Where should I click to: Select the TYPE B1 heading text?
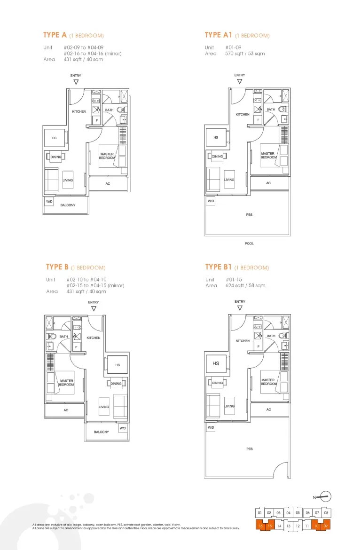pyautogui.click(x=219, y=267)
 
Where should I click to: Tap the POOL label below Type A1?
pyautogui.click(x=249, y=244)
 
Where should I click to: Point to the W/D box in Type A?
pyautogui.click(x=49, y=201)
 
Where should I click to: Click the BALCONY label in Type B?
pyautogui.click(x=101, y=432)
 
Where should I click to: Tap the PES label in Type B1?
pyautogui.click(x=249, y=449)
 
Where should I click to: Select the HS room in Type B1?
pyautogui.click(x=216, y=363)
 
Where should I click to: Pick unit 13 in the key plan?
pyautogui.click(x=288, y=526)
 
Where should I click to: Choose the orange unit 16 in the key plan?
pyautogui.click(x=260, y=526)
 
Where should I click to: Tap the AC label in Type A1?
pyautogui.click(x=268, y=183)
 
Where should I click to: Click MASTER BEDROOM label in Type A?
pyautogui.click(x=107, y=156)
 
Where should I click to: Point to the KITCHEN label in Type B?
pyautogui.click(x=93, y=338)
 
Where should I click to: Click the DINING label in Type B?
pyautogui.click(x=116, y=384)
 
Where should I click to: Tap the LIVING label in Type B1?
pyautogui.click(x=229, y=406)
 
